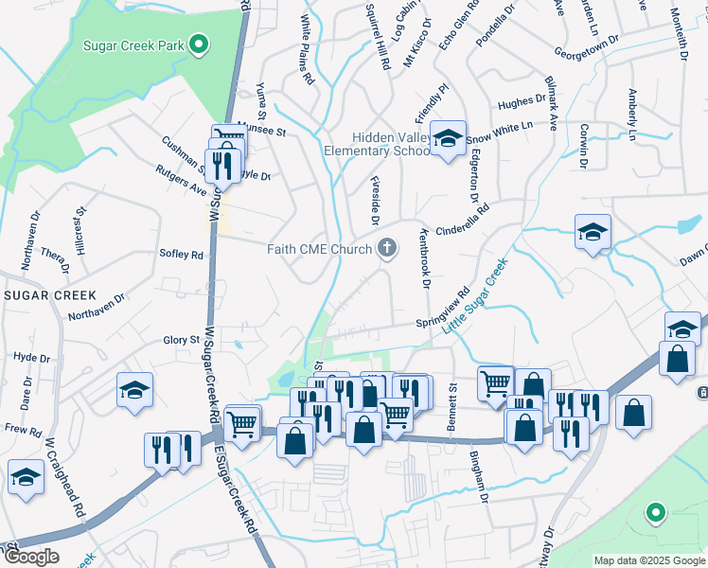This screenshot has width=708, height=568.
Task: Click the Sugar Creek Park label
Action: [133, 44]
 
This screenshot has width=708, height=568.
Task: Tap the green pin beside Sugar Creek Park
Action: [199, 44]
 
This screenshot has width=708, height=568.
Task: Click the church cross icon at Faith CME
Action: [386, 249]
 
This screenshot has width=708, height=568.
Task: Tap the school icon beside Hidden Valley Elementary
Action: [448, 137]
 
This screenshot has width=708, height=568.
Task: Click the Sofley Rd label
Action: [182, 255]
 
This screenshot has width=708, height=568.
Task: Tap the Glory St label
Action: [181, 340]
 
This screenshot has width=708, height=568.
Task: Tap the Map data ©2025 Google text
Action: [648, 560]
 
